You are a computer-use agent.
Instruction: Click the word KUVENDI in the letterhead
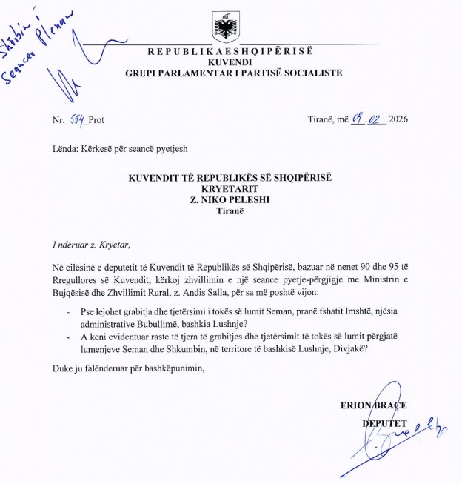click(230, 62)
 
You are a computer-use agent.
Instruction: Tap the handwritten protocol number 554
click(76, 119)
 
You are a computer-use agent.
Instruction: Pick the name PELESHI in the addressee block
click(250, 199)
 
